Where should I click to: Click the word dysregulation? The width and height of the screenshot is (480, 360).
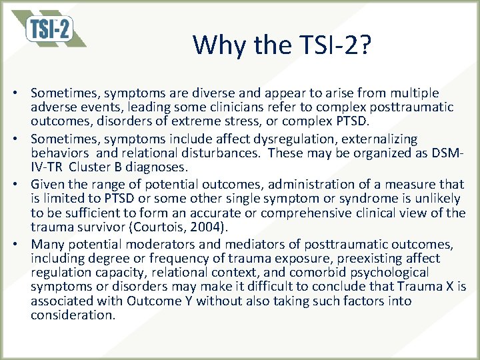(250, 139)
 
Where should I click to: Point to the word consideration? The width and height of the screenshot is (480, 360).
(73, 315)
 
